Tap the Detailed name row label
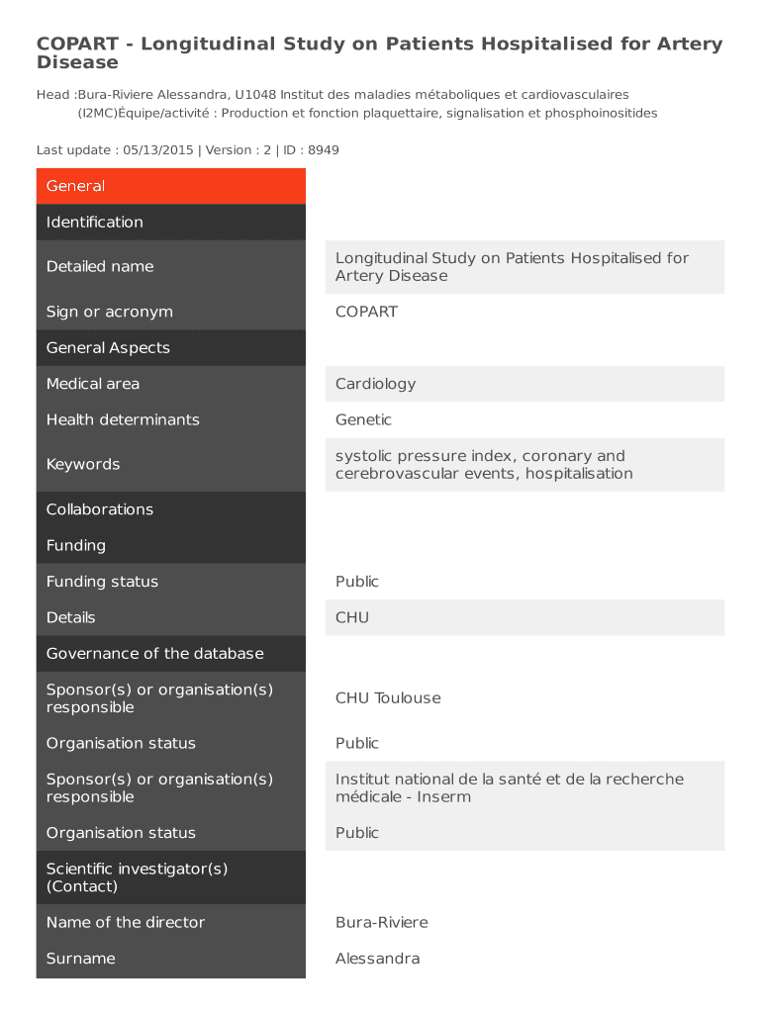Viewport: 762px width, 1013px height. click(x=100, y=266)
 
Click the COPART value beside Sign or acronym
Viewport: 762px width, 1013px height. click(x=366, y=312)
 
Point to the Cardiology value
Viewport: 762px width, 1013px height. click(x=375, y=384)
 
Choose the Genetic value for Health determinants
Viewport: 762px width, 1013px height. click(x=363, y=419)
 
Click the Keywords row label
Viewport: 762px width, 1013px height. click(x=83, y=464)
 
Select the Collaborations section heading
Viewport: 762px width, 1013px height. click(x=100, y=509)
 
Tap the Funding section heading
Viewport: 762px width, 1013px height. click(x=76, y=545)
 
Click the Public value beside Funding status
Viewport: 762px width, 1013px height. click(x=357, y=582)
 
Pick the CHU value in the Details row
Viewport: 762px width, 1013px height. click(x=352, y=617)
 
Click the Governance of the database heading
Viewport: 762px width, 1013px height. click(x=155, y=653)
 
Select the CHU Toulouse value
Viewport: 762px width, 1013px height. click(x=388, y=698)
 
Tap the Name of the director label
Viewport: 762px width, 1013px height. click(x=126, y=922)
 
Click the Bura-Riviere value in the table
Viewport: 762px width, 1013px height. click(x=382, y=922)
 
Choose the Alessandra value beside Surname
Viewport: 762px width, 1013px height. click(x=377, y=959)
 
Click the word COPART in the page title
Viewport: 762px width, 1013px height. click(x=83, y=45)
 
